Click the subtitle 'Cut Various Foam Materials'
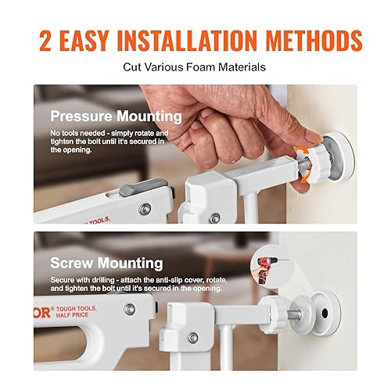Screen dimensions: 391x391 pos(195,67)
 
